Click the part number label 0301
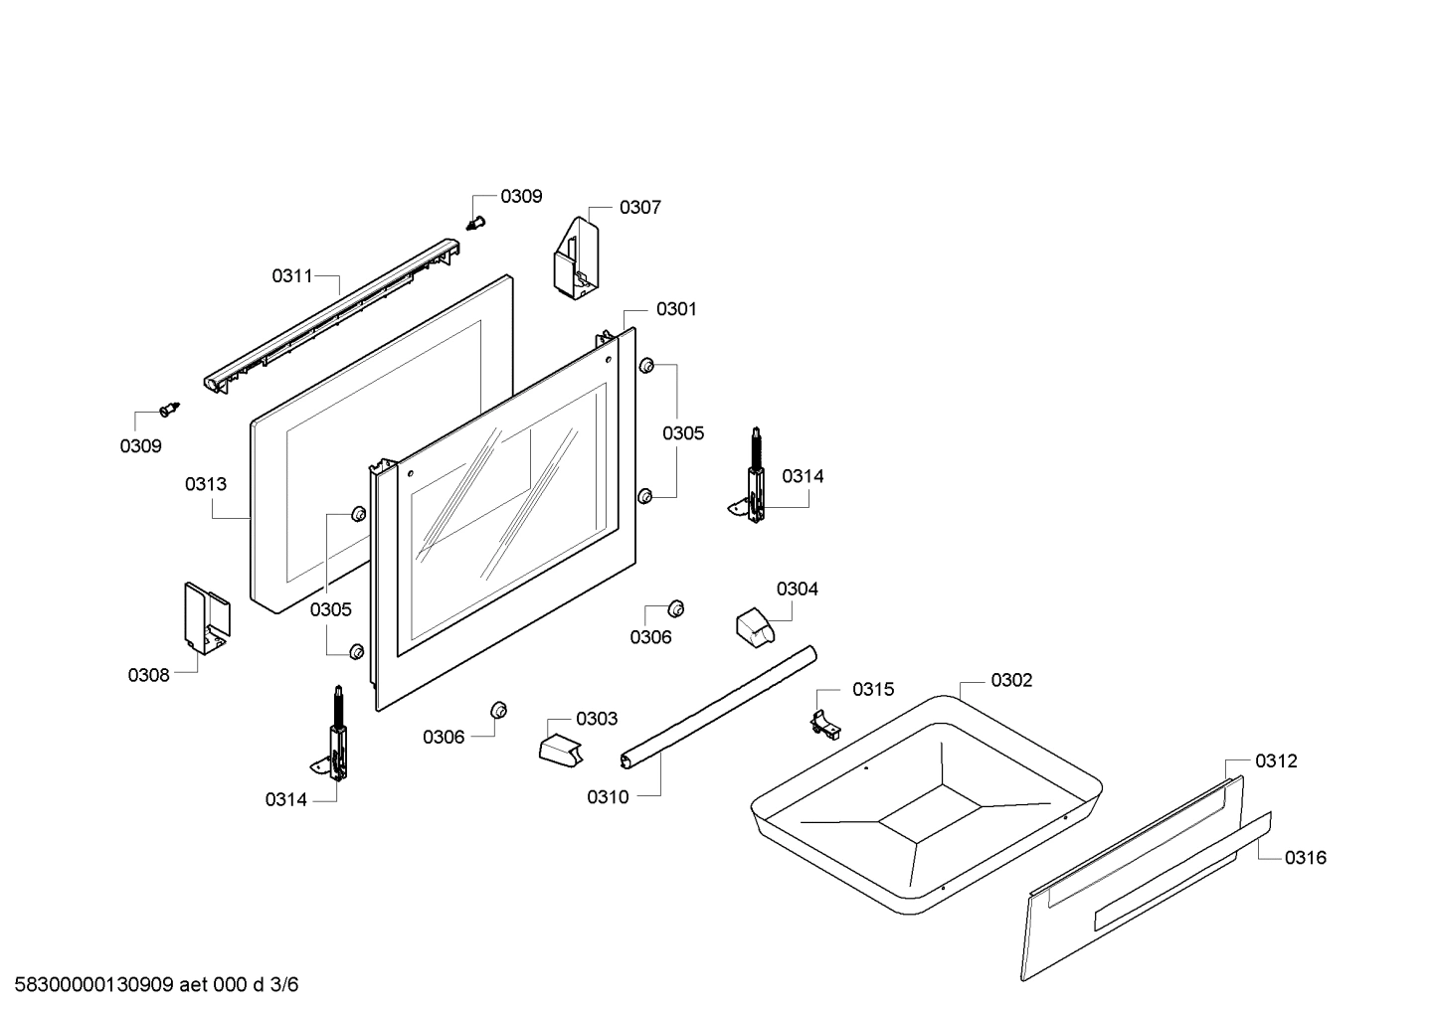click(676, 309)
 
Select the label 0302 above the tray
click(1011, 680)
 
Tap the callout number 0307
click(640, 208)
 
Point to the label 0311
click(292, 275)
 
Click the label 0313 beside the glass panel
click(206, 484)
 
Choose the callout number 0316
click(1306, 858)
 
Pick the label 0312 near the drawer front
click(1276, 760)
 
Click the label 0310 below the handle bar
click(608, 797)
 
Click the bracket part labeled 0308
click(206, 618)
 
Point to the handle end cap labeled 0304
click(756, 625)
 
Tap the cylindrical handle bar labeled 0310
click(718, 707)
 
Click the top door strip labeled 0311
click(332, 316)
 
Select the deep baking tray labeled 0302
click(927, 805)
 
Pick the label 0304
click(797, 589)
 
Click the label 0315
click(873, 689)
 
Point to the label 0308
click(148, 675)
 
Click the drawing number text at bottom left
click(157, 985)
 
